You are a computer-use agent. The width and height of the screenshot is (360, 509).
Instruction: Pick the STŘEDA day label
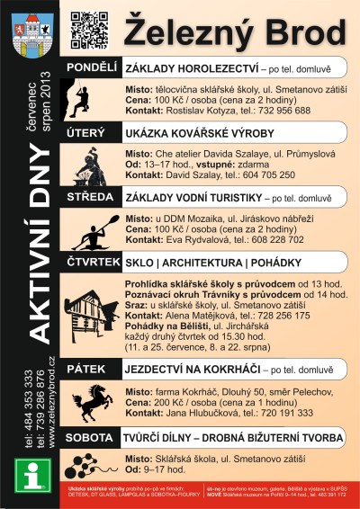click(89, 194)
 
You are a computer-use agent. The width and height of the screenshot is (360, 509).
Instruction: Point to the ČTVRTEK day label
click(92, 261)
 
